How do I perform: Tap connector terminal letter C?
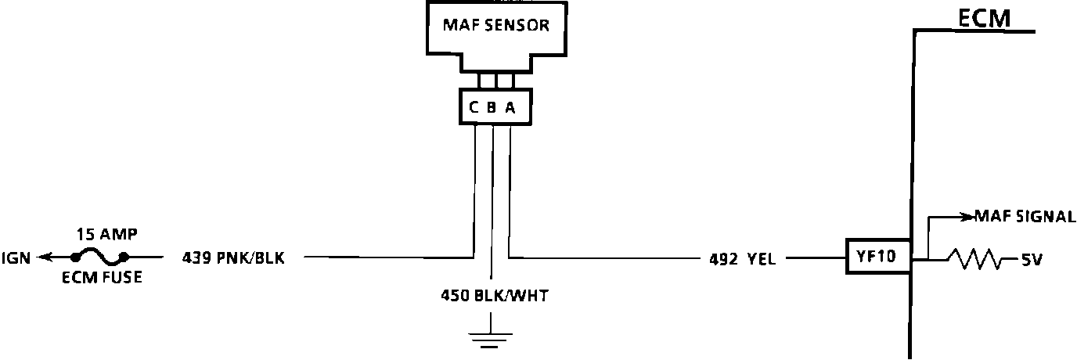[474, 109]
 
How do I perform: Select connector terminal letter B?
[492, 109]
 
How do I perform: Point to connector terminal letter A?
[510, 109]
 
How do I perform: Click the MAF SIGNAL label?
[1025, 217]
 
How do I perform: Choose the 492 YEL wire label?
[738, 257]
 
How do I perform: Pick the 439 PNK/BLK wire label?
[232, 257]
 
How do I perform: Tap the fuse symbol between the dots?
[99, 256]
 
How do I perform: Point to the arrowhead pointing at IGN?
[46, 256]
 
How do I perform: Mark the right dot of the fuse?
[124, 257]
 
